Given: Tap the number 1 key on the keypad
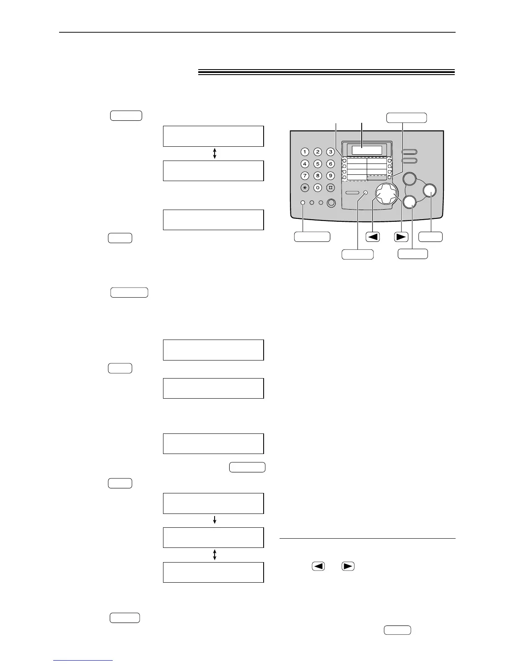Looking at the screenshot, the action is [305, 152].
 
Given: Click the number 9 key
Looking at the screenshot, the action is [331, 176].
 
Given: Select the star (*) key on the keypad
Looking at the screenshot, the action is [305, 188].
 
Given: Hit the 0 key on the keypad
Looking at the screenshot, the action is [318, 188].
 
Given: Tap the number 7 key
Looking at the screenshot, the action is [305, 176].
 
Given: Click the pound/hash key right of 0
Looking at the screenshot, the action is [331, 188].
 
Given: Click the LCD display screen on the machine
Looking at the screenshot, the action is [367, 150].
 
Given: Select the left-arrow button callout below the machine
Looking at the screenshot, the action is [373, 236].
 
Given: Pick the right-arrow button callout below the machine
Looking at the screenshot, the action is [401, 236].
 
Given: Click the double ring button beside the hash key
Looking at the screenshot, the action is [331, 203].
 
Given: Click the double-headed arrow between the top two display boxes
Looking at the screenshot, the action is [215, 153].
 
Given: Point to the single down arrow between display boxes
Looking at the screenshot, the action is [215, 520].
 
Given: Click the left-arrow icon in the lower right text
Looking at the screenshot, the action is [319, 566].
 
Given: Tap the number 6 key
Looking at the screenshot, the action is [331, 164].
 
